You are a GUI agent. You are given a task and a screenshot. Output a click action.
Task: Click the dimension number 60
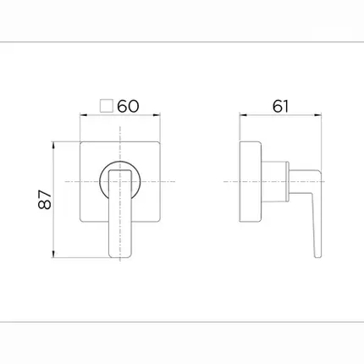[x=128, y=107]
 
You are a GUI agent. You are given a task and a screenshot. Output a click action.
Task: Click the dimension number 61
[x=281, y=107]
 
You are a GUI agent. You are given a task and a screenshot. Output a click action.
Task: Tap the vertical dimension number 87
[x=45, y=199]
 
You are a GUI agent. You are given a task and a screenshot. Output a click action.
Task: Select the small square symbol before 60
[x=107, y=106]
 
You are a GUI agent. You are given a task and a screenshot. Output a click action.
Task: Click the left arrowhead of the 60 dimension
[x=84, y=115]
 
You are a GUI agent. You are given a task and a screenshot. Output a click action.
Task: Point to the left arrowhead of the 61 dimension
[x=243, y=115]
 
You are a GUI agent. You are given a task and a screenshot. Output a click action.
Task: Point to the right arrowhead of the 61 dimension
[x=318, y=115]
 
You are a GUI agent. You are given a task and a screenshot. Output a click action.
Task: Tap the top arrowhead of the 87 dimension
[x=53, y=145]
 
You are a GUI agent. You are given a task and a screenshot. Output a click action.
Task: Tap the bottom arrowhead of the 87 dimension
[x=53, y=254]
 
